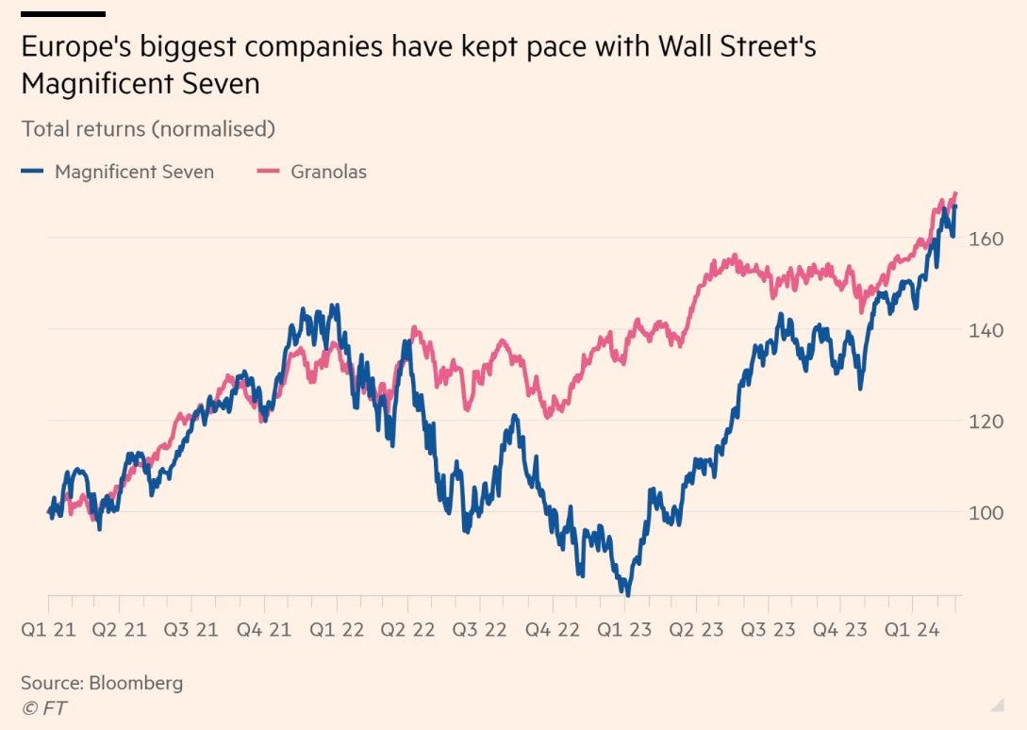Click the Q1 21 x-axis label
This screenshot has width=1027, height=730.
pos(48,629)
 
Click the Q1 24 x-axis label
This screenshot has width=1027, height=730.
pos(913,629)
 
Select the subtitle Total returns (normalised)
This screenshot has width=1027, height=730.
pos(148,128)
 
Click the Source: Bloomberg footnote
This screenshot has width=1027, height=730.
pos(102,682)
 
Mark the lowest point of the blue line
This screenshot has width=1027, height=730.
pos(627,594)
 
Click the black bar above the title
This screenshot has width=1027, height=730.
pos(62,14)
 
